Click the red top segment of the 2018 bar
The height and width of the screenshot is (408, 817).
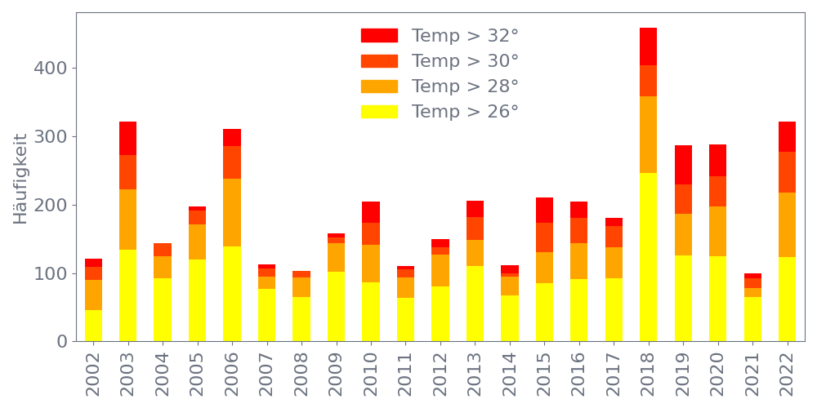pos(649,47)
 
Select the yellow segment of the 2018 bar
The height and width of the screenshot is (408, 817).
pos(649,257)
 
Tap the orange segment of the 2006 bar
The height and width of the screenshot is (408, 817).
pos(232,212)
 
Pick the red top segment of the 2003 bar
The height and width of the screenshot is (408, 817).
pos(127,139)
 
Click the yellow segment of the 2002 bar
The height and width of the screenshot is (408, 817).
pos(93,326)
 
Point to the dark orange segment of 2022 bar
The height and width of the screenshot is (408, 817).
pos(788,172)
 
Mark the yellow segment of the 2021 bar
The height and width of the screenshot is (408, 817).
pos(752,319)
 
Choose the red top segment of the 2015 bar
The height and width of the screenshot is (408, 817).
pos(544,211)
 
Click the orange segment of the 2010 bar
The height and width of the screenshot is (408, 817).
pos(371,264)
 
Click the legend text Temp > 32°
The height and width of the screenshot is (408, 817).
pos(465,36)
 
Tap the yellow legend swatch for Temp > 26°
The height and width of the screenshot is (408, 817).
pos(379,111)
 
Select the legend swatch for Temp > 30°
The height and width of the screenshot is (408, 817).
pos(379,61)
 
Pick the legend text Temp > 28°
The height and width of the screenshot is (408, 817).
pos(465,86)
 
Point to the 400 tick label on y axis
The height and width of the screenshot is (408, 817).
pos(51,68)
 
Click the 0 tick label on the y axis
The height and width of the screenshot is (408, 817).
pos(62,341)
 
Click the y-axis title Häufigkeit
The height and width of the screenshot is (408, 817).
pos(20,179)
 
